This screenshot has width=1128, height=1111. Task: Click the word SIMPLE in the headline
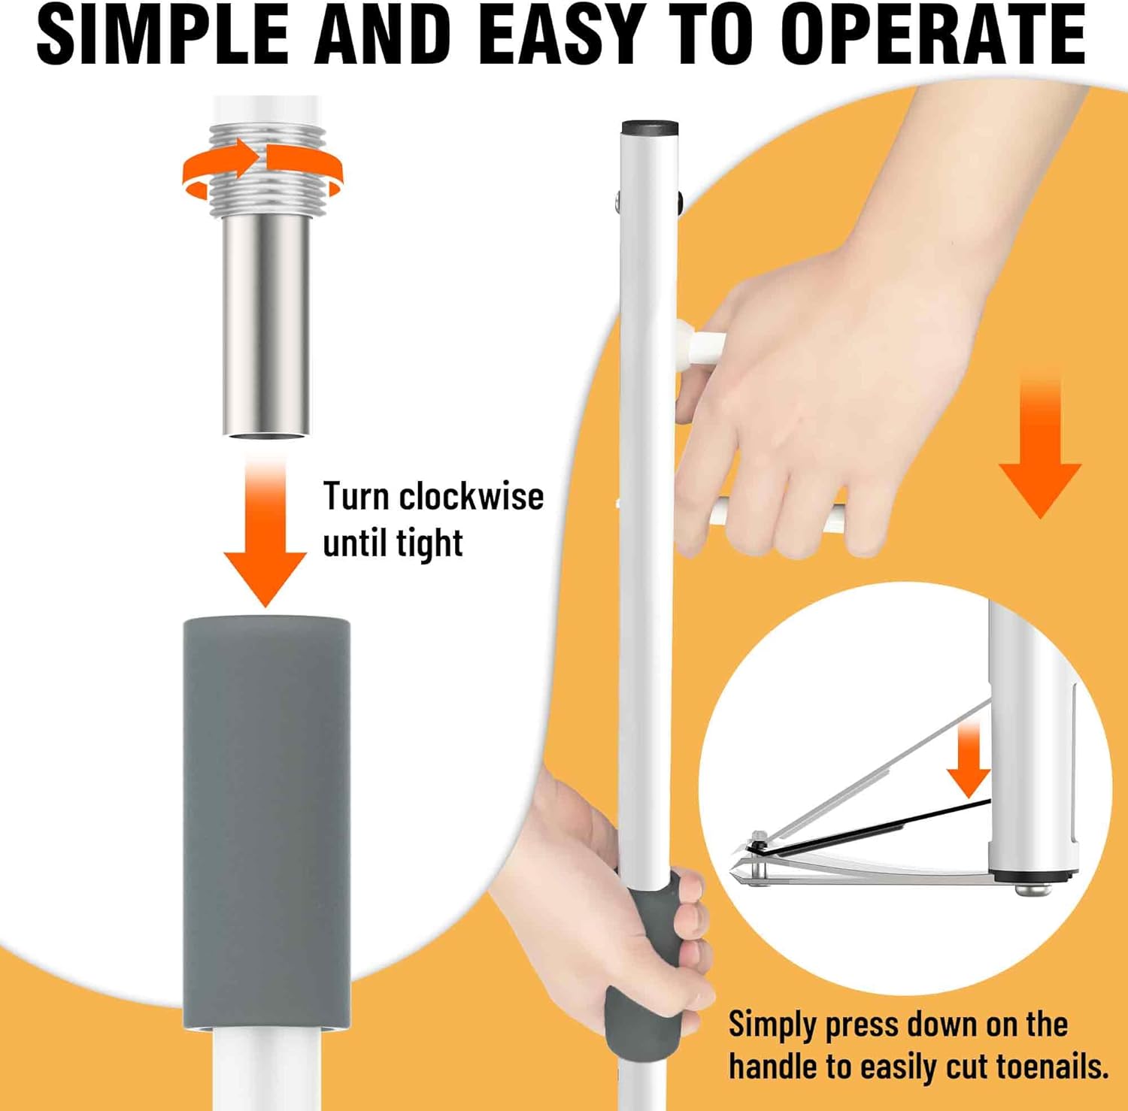(162, 35)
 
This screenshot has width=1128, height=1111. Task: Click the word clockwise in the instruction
(471, 496)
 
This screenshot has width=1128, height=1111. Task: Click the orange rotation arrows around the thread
(262, 167)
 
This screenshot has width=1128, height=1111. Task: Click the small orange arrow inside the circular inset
(969, 755)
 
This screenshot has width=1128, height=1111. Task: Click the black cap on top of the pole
(650, 127)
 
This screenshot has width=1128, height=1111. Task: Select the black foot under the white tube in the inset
(1033, 876)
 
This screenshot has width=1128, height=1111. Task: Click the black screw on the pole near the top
(679, 201)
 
